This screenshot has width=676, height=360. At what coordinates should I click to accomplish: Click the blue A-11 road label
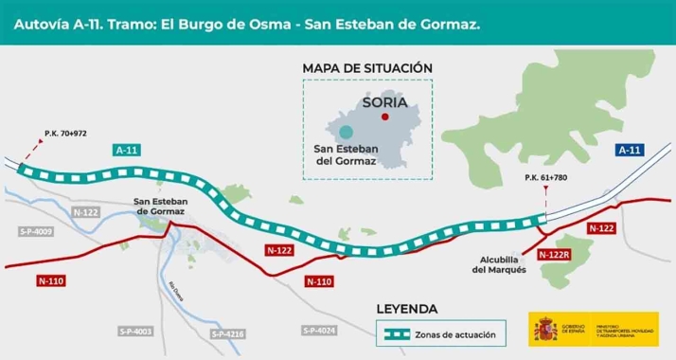[630, 150]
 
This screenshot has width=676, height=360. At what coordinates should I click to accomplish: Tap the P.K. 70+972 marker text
[65, 134]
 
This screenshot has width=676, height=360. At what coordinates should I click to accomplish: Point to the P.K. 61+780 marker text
[545, 178]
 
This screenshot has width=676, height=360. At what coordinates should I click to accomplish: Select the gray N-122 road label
[86, 213]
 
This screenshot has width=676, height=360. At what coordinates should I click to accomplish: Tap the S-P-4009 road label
[36, 231]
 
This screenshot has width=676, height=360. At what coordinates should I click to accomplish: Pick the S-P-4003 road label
[135, 331]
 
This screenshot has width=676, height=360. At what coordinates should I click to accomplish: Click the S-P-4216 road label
[228, 333]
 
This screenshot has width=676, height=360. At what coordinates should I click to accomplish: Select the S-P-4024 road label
[319, 330]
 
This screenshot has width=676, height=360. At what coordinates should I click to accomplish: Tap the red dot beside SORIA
[384, 117]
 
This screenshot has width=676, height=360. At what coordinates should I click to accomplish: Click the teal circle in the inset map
[347, 132]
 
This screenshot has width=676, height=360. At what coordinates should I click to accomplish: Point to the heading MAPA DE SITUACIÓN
[367, 68]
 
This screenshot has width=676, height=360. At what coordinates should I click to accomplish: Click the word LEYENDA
[407, 309]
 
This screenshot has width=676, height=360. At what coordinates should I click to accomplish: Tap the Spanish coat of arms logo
[545, 330]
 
